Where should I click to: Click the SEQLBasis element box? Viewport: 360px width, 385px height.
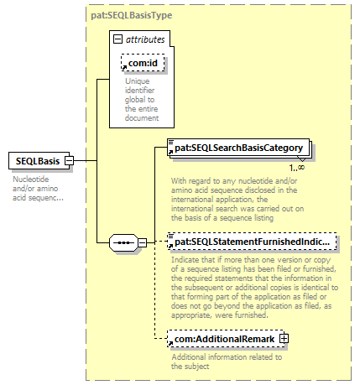pyautogui.click(x=39, y=161)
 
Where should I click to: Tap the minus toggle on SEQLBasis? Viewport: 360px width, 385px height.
pyautogui.click(x=69, y=161)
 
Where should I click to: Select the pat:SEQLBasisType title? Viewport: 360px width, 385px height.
pyautogui.click(x=132, y=15)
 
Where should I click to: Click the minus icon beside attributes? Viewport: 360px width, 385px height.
pyautogui.click(x=117, y=39)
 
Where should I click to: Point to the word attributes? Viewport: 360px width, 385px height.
pyautogui.click(x=145, y=39)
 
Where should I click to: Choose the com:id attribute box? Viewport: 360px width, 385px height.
pyautogui.click(x=143, y=63)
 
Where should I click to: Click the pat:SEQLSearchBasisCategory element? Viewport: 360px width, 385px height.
pyautogui.click(x=238, y=148)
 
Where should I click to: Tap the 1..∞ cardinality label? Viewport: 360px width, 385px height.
pyautogui.click(x=297, y=168)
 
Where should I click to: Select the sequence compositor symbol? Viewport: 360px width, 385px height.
pyautogui.click(x=123, y=242)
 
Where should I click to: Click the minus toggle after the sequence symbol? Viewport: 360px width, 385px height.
pyautogui.click(x=142, y=242)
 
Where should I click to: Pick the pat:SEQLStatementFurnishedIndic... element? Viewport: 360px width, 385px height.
pyautogui.click(x=252, y=242)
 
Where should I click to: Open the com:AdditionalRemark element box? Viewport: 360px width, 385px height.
pyautogui.click(x=226, y=339)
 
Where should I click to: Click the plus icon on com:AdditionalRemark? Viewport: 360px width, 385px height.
pyautogui.click(x=284, y=339)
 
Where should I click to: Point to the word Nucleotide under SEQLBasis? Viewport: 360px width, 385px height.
pyautogui.click(x=31, y=179)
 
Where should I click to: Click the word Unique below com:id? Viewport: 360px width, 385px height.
pyautogui.click(x=137, y=81)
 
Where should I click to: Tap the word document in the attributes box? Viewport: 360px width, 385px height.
pyautogui.click(x=142, y=118)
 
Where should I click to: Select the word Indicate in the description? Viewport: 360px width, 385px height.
pyautogui.click(x=185, y=260)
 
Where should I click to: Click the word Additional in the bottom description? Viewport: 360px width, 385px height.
pyautogui.click(x=189, y=357)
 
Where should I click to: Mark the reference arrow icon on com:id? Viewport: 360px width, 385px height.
pyautogui.click(x=125, y=67)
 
